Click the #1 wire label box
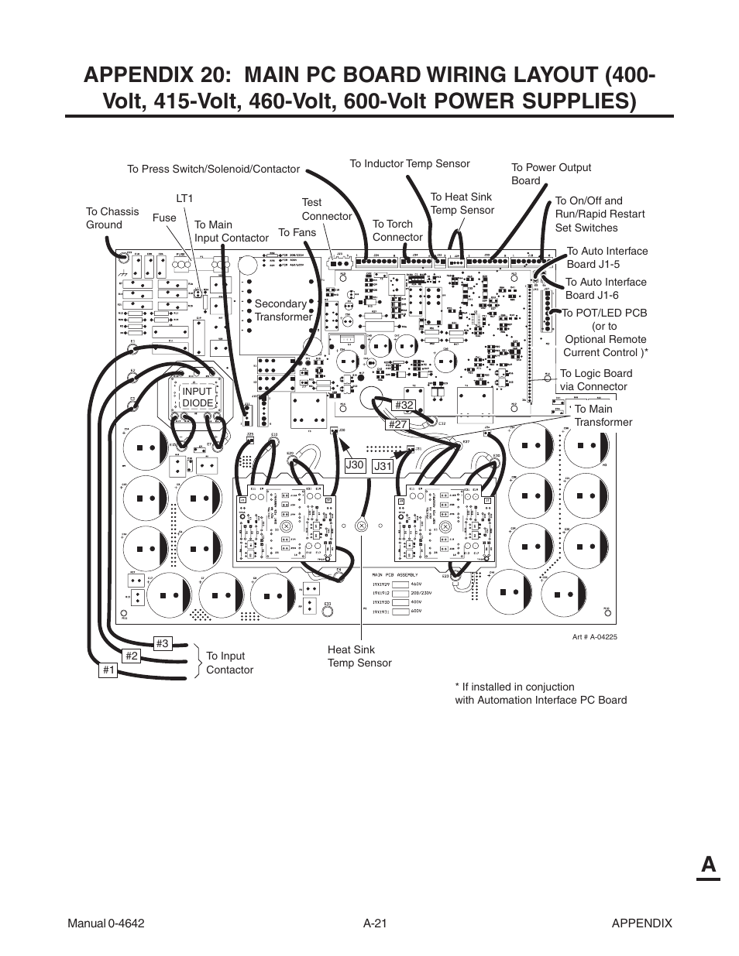coord(108,670)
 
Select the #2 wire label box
coord(132,656)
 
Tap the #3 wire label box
coord(161,643)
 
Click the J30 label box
coord(355,464)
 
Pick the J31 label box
coord(383,466)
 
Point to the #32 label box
coord(405,406)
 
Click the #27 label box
coord(398,423)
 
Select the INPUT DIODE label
coord(197,398)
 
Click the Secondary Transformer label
coord(283,310)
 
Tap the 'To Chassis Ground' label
coord(112,218)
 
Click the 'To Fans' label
coord(297,232)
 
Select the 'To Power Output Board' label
coord(550,173)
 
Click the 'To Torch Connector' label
coord(397,231)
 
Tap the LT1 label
coord(184,199)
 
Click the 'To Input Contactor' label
coord(229,663)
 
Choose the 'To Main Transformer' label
coord(603,416)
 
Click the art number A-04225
coord(594,636)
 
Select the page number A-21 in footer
coord(374,923)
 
